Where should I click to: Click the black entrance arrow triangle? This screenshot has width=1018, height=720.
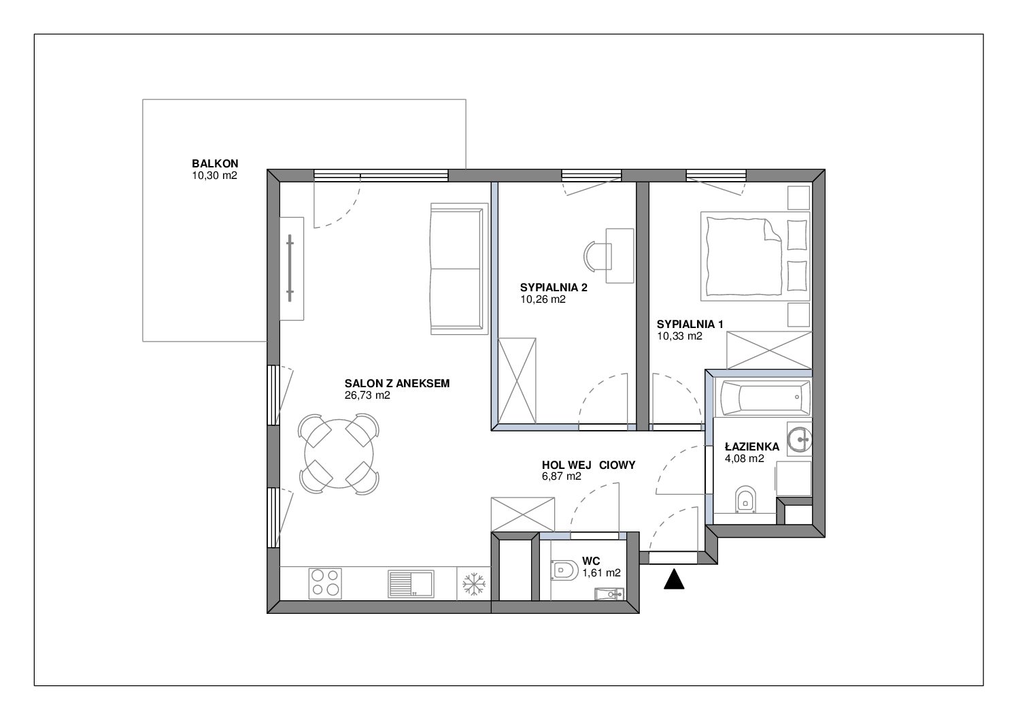pyautogui.click(x=674, y=580)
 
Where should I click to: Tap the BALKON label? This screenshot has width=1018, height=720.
pyautogui.click(x=215, y=163)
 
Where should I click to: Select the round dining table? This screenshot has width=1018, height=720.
pyautogui.click(x=339, y=454)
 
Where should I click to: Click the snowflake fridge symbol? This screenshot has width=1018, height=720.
pyautogui.click(x=473, y=584)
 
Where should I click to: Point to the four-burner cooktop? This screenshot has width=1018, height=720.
pyautogui.click(x=325, y=583)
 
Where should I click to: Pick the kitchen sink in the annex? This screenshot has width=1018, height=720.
pyautogui.click(x=411, y=584)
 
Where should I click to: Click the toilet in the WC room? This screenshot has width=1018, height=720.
pyautogui.click(x=564, y=570)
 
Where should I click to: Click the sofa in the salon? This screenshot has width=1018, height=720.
pyautogui.click(x=458, y=269)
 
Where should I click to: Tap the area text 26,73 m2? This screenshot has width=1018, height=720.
pyautogui.click(x=367, y=395)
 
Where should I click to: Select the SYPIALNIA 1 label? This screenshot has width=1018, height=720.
pyautogui.click(x=690, y=325)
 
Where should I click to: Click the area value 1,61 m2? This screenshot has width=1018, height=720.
pyautogui.click(x=601, y=573)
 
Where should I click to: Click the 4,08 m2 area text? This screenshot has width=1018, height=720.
pyautogui.click(x=745, y=459)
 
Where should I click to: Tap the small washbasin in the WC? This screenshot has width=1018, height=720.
pyautogui.click(x=609, y=594)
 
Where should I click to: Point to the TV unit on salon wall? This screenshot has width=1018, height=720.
pyautogui.click(x=291, y=269)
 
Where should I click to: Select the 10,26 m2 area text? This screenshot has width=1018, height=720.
pyautogui.click(x=543, y=299)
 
